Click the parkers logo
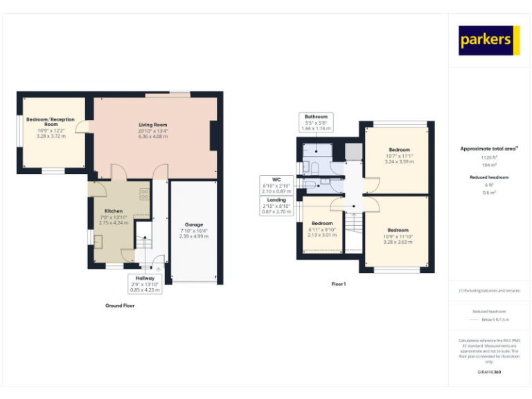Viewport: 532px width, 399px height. pyautogui.click(x=489, y=40)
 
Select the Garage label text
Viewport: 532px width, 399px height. pyautogui.click(x=193, y=224)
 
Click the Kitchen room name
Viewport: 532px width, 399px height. pyautogui.click(x=114, y=211)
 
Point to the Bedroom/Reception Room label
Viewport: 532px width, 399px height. pyautogui.click(x=51, y=122)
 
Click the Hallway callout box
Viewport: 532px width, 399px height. pyautogui.click(x=145, y=283)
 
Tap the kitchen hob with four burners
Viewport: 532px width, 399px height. pyautogui.click(x=145, y=195)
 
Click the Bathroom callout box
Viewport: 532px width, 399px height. pyautogui.click(x=316, y=122)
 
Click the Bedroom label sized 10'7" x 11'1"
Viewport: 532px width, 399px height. pyautogui.click(x=399, y=150)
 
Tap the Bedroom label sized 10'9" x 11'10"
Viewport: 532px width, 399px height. pyautogui.click(x=398, y=230)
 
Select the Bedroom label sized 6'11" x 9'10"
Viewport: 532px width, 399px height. pyautogui.click(x=322, y=223)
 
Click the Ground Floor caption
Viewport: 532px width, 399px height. pyautogui.click(x=120, y=305)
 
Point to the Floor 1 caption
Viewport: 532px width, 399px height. pyautogui.click(x=338, y=284)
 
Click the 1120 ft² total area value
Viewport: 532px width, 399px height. pyautogui.click(x=489, y=157)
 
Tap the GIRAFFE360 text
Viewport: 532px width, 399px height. pyautogui.click(x=489, y=372)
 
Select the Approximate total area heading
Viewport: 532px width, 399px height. pyautogui.click(x=489, y=148)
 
